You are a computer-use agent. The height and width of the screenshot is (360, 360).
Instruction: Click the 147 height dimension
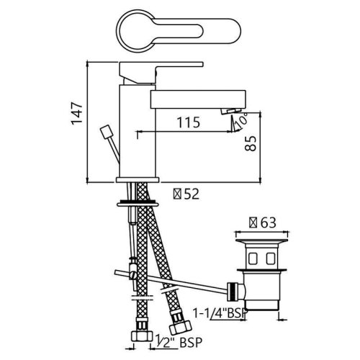tap(76, 114)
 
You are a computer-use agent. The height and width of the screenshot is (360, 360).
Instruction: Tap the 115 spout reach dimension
tap(189, 122)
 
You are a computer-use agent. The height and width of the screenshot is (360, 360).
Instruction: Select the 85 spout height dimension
tap(251, 143)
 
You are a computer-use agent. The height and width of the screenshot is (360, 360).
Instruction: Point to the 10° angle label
tap(241, 120)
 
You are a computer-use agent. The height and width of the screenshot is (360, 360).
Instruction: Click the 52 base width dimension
tap(186, 194)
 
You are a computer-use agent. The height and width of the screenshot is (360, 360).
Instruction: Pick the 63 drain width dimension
tap(263, 222)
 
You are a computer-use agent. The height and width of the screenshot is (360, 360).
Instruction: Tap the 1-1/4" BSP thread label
tap(220, 313)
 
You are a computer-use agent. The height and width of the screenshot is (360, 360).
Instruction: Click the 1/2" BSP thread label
tap(179, 342)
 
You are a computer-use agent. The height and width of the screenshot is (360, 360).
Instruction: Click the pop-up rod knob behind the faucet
tap(105, 132)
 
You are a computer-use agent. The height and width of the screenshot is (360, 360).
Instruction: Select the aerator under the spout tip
tap(230, 111)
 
